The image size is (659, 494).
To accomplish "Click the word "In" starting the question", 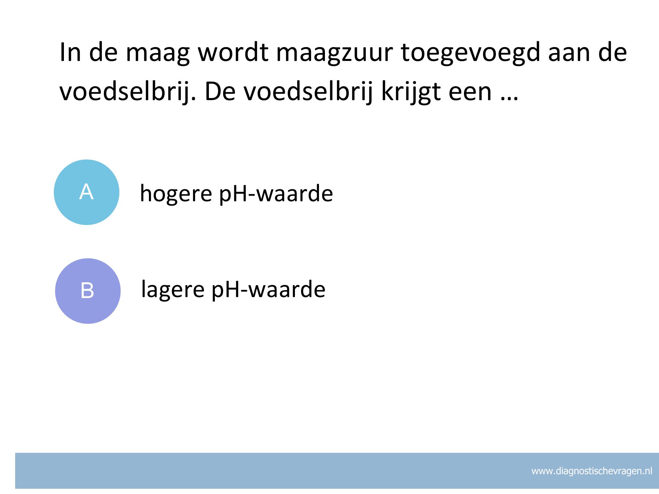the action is coord(70,53).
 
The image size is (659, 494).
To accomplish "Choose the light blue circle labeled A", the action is coord(87,192).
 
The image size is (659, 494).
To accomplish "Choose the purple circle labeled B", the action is coord(88,291).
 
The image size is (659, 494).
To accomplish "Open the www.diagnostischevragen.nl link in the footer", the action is coord(592,471).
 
